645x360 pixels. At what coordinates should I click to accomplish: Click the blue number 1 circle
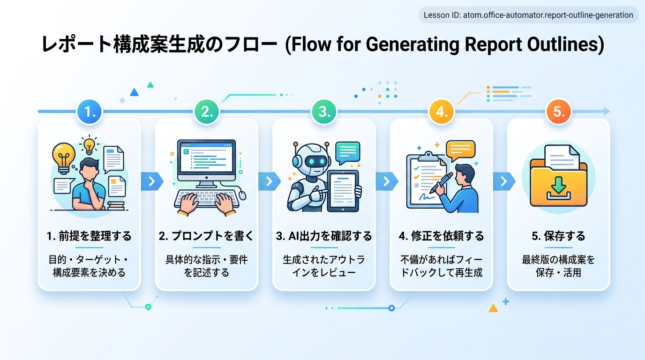click(x=89, y=112)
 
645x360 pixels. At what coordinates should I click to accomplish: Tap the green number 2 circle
click(x=207, y=112)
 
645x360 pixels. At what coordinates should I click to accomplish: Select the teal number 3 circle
click(x=324, y=112)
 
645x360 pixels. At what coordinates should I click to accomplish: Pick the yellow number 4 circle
click(x=442, y=112)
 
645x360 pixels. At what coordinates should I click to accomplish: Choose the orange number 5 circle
click(x=559, y=112)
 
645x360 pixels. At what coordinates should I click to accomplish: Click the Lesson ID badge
click(x=528, y=15)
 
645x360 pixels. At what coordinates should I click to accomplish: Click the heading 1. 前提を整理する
click(x=89, y=236)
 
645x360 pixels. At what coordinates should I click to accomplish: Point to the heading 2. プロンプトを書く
click(x=206, y=236)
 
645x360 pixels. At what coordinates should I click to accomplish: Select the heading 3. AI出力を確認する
click(x=324, y=236)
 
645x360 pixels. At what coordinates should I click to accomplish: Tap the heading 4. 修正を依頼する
click(x=442, y=236)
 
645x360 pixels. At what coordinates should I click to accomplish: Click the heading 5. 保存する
click(x=559, y=236)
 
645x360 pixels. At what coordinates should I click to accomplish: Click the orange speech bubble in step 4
click(x=460, y=150)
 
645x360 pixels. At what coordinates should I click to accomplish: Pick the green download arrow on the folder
click(x=558, y=188)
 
